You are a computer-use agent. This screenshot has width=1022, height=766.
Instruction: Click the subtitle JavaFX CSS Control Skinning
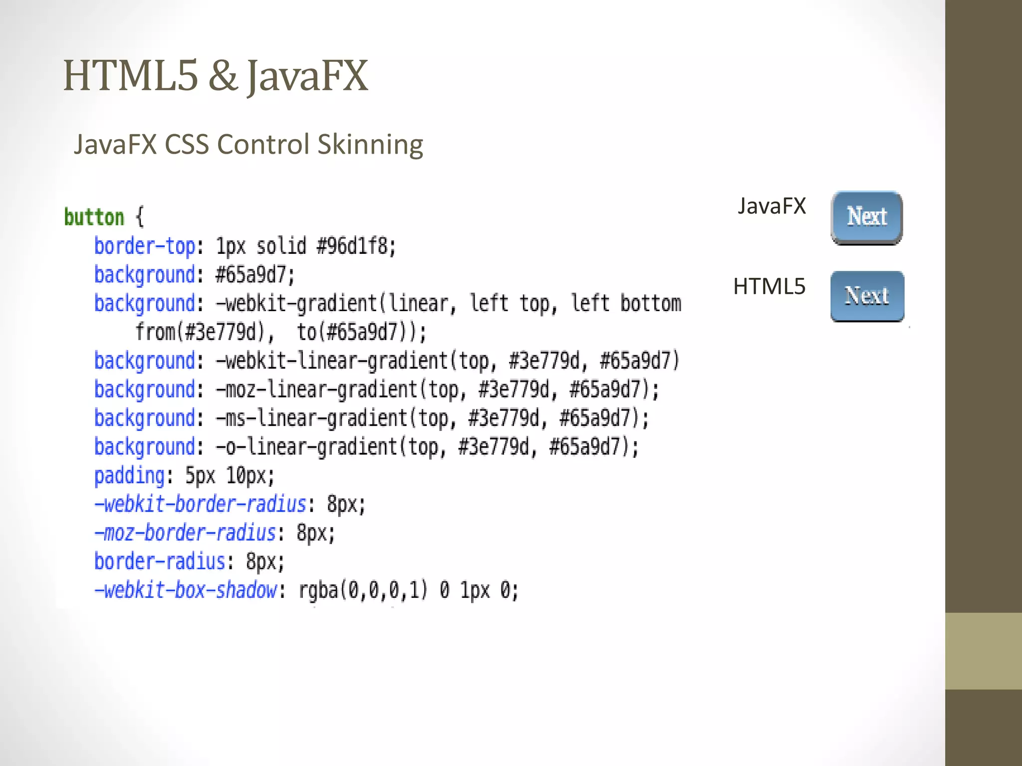tap(249, 145)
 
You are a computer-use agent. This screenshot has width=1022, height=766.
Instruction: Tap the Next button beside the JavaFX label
tap(866, 217)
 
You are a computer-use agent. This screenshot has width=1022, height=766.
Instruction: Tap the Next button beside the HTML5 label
tap(867, 296)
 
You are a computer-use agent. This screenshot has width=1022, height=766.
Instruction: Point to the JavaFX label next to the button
tap(771, 206)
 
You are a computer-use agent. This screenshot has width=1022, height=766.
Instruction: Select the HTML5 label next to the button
tap(769, 286)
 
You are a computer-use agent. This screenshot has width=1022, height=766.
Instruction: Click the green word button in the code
tap(94, 217)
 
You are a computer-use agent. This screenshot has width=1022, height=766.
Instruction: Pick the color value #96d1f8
tap(356, 246)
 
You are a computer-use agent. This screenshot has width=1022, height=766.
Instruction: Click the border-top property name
tap(145, 246)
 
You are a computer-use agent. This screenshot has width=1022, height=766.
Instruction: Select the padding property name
tap(129, 476)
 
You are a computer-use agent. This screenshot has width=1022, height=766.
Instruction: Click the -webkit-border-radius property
tap(200, 504)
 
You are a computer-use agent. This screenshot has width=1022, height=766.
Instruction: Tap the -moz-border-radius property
tap(185, 533)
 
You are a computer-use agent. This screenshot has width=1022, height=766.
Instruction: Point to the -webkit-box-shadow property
tap(185, 590)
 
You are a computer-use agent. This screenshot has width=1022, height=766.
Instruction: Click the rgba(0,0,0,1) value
tap(363, 590)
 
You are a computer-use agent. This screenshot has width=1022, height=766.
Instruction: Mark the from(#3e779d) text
tap(200, 332)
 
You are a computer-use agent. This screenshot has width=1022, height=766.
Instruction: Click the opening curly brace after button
tap(140, 217)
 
